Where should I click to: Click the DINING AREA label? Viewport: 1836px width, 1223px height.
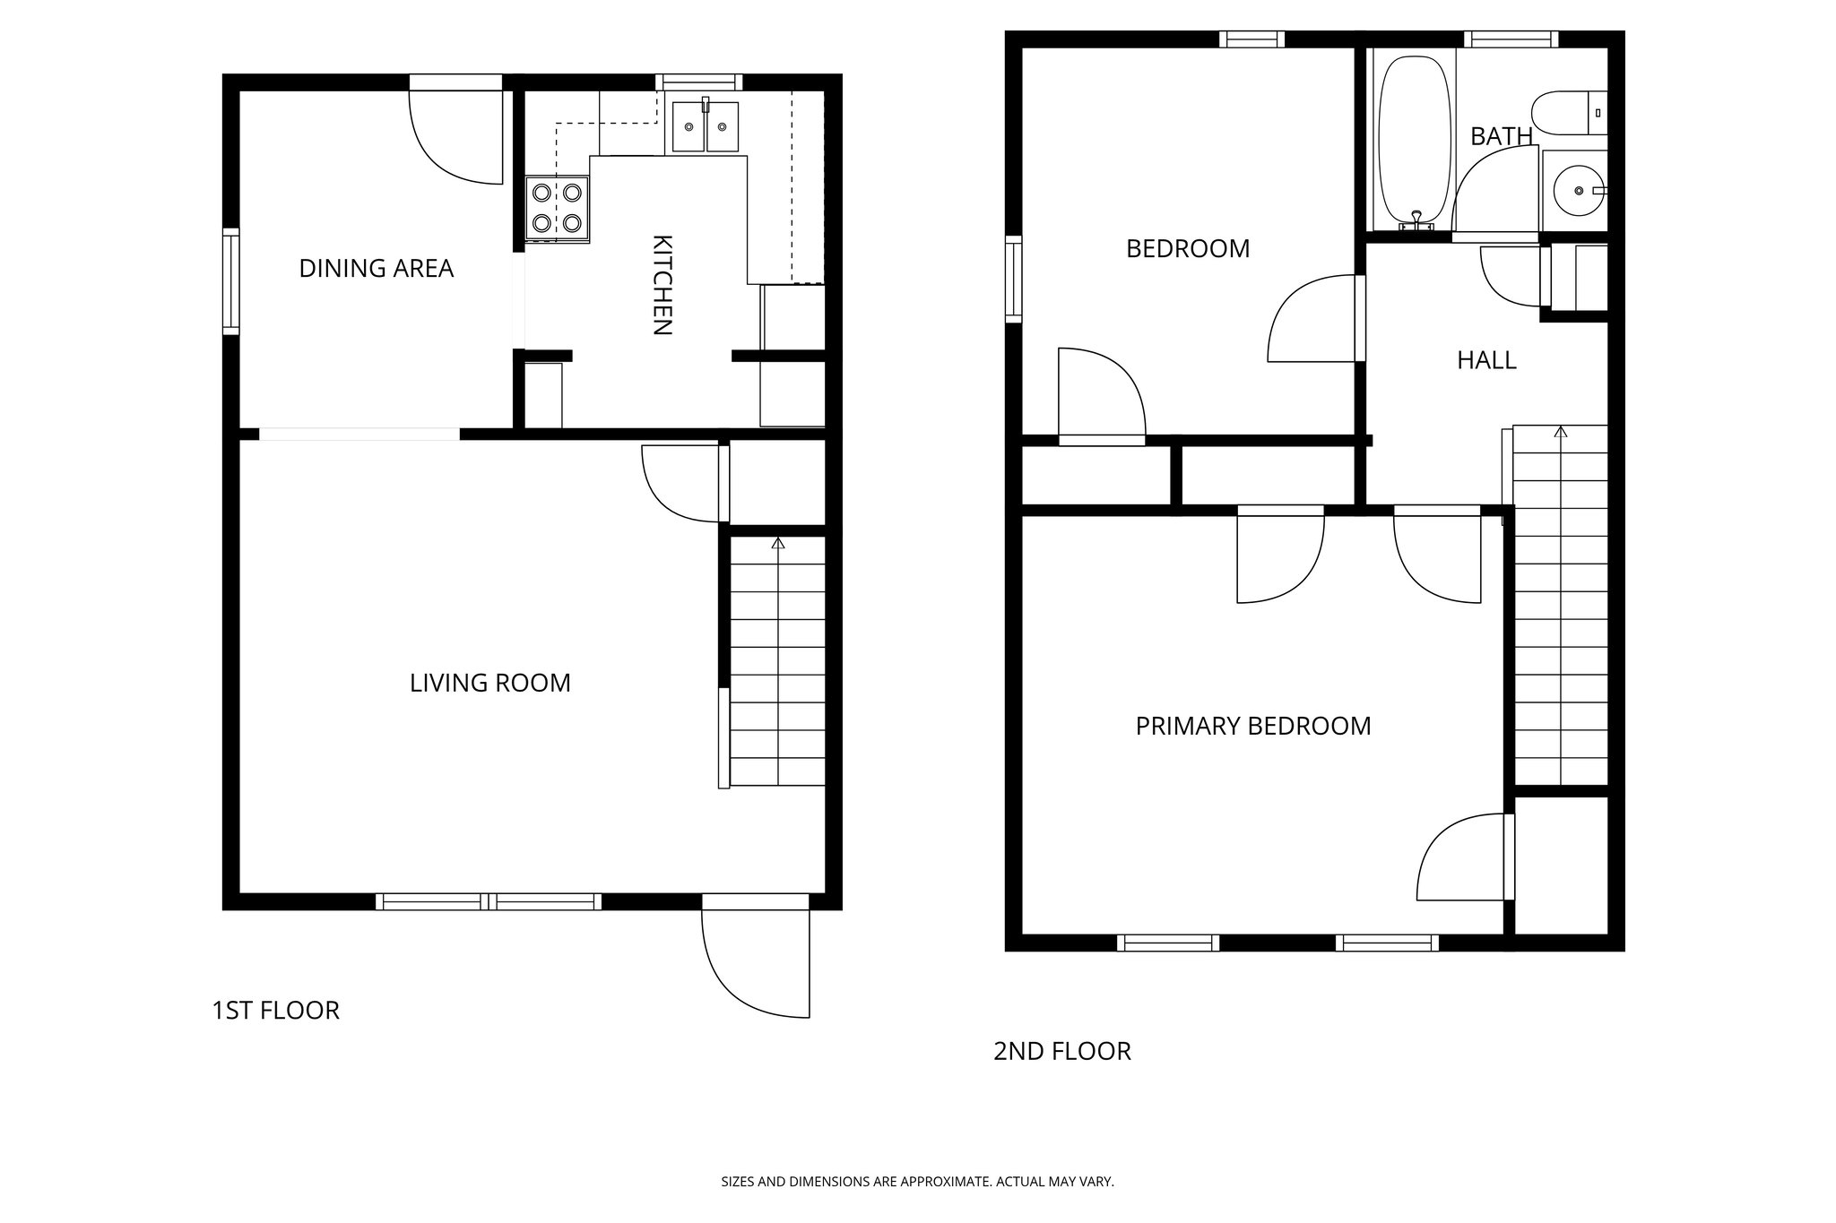point(376,268)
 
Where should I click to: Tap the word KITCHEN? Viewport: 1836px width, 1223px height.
point(661,285)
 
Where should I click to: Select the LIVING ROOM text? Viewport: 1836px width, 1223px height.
point(489,683)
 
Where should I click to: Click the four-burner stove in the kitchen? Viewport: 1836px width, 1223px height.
point(557,208)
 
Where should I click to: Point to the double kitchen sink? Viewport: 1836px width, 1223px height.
point(706,126)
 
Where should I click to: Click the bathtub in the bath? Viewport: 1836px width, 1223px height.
point(1414,142)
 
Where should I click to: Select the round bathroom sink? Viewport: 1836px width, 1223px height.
point(1575,190)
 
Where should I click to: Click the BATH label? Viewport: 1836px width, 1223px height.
point(1501,136)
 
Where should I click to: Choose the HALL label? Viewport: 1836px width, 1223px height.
point(1486,360)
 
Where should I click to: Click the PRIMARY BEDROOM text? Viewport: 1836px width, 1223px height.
point(1252,726)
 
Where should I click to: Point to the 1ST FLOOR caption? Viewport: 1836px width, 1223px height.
point(275,1011)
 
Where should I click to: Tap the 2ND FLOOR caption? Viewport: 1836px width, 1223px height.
point(1061,1051)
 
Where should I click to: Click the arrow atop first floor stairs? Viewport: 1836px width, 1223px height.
point(777,543)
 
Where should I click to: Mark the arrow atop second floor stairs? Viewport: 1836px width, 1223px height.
point(1561,432)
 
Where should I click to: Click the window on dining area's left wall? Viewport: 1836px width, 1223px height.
point(231,281)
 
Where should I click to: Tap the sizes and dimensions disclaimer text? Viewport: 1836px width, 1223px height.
point(917,1182)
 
